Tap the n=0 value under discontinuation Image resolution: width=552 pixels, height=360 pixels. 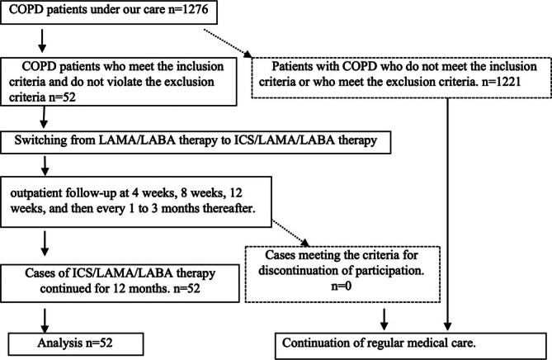click(x=342, y=286)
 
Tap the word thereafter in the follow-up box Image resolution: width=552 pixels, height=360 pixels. click(x=233, y=208)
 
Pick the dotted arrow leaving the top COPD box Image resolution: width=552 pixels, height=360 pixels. click(x=228, y=43)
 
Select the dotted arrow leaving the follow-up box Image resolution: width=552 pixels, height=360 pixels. click(x=290, y=233)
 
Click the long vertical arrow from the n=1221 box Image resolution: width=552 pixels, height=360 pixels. click(x=447, y=214)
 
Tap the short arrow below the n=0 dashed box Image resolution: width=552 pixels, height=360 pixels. click(x=385, y=320)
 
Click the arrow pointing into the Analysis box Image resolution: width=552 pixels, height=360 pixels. click(x=45, y=320)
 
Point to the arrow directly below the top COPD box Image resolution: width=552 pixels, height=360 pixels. click(x=42, y=40)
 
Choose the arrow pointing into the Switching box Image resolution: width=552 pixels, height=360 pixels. click(x=44, y=117)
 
